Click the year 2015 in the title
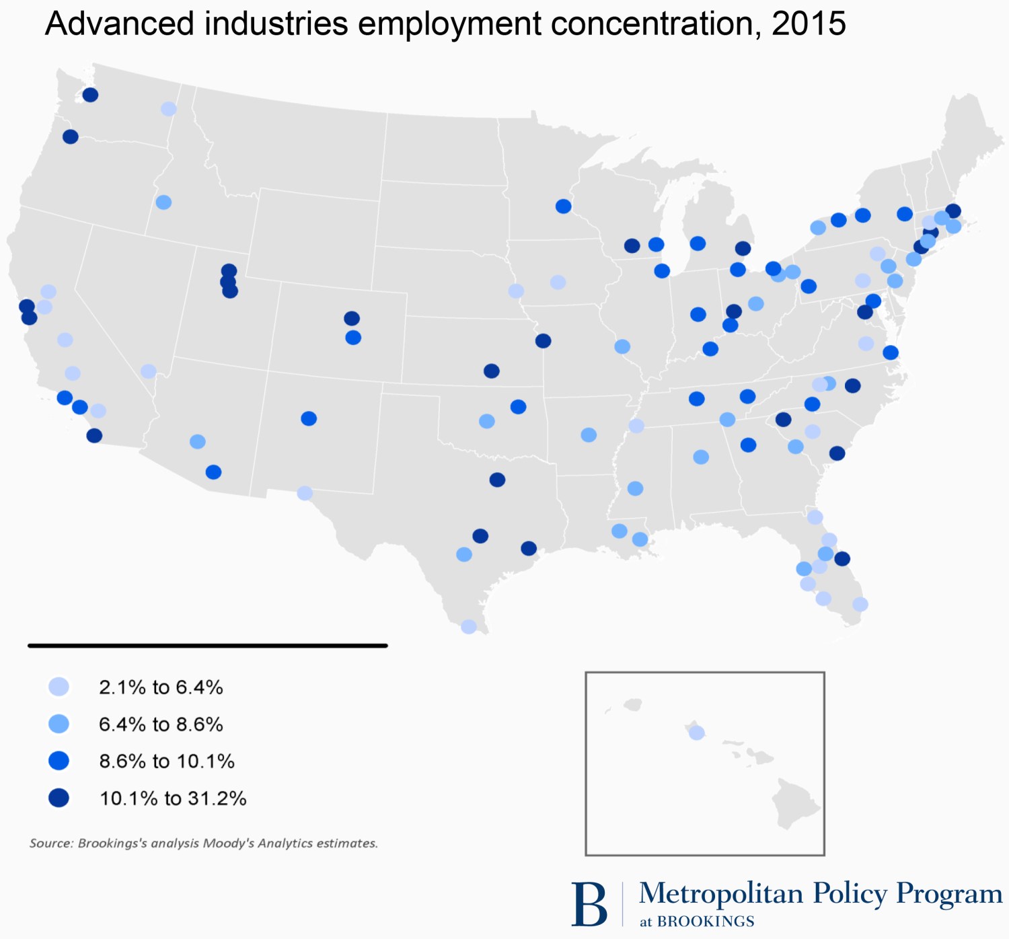point(809,24)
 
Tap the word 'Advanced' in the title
point(119,24)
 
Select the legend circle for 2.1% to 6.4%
point(59,687)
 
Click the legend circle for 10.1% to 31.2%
point(59,798)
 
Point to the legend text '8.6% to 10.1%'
point(167,761)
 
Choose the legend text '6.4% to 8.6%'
point(161,724)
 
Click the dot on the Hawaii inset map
point(697,733)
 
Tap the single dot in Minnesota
point(564,206)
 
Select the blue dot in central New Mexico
point(309,418)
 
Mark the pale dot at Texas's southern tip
point(469,627)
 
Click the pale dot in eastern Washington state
point(169,109)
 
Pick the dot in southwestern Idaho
point(163,202)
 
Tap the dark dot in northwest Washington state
point(90,95)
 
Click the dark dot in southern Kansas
point(492,371)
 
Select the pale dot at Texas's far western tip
point(305,493)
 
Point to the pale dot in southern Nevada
point(149,371)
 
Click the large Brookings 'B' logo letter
point(589,905)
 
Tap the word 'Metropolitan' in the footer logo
point(721,894)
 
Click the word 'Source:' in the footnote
point(51,843)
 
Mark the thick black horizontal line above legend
point(207,646)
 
